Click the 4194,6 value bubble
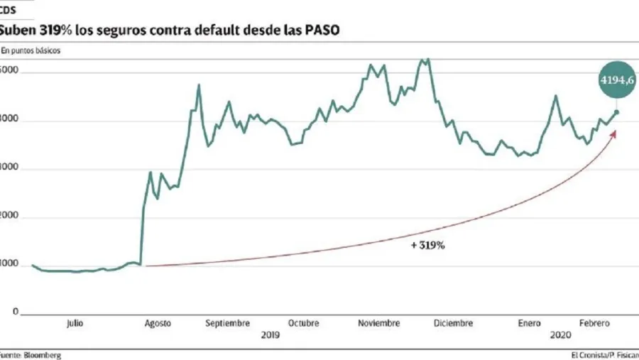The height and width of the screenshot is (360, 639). click(x=616, y=80)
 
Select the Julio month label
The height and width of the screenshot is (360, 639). click(x=75, y=323)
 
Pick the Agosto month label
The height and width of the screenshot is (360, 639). click(x=158, y=323)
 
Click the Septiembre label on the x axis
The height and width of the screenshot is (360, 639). click(x=228, y=323)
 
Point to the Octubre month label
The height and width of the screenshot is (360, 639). click(x=303, y=323)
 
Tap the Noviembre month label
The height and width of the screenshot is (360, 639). click(x=378, y=323)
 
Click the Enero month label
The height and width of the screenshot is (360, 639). click(x=529, y=323)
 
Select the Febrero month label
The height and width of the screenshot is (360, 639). click(x=593, y=323)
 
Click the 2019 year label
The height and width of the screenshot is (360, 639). click(x=270, y=335)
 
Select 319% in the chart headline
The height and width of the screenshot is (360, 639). click(x=51, y=31)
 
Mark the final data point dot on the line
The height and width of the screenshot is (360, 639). click(x=616, y=112)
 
